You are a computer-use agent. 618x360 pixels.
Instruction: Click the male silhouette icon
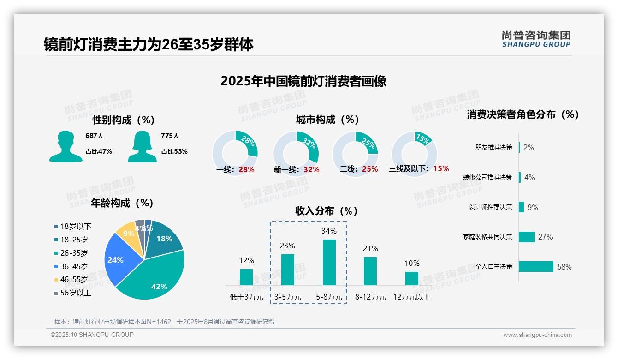click(x=65, y=146)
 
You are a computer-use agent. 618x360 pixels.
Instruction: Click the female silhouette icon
click(x=142, y=146)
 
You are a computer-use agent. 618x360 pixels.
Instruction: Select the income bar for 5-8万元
click(x=329, y=262)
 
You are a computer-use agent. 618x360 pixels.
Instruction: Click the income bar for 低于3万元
click(x=246, y=277)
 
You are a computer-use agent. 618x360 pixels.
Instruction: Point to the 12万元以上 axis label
click(x=412, y=297)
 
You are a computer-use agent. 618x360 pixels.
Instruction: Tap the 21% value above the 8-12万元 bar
click(x=370, y=248)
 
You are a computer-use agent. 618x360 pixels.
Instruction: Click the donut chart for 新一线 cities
click(x=296, y=154)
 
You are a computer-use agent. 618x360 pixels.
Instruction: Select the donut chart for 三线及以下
click(x=414, y=154)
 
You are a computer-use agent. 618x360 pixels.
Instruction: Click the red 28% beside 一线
click(x=246, y=169)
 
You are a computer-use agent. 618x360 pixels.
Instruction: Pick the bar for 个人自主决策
click(x=536, y=266)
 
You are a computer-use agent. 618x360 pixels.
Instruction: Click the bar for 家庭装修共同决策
click(x=527, y=237)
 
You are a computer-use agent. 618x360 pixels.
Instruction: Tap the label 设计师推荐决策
click(x=490, y=207)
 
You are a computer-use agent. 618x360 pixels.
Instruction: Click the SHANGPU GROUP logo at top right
click(x=536, y=39)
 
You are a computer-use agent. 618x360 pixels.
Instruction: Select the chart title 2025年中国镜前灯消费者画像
click(x=303, y=81)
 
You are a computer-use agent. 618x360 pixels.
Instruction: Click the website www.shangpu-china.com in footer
click(x=537, y=335)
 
